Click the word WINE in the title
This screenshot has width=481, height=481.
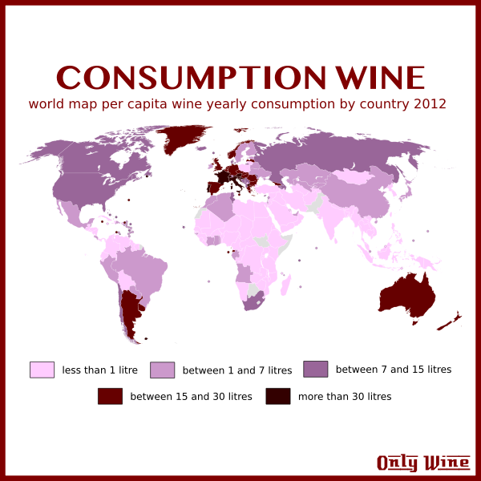[x=378, y=78]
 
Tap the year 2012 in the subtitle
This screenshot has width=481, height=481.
[x=430, y=104]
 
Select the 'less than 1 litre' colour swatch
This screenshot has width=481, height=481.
[x=42, y=370]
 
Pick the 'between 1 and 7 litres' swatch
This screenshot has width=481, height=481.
[x=162, y=370]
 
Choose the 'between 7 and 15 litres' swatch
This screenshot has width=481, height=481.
[x=315, y=369]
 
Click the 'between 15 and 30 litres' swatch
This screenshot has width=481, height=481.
[x=110, y=396]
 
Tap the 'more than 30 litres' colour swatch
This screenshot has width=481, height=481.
[x=277, y=396]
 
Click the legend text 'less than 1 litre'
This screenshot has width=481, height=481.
[x=99, y=370]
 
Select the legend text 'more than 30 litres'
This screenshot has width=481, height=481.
[x=345, y=397]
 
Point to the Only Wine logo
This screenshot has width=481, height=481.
[x=423, y=463]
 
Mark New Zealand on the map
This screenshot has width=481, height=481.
[x=450, y=321]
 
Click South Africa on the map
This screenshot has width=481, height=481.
[x=255, y=302]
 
